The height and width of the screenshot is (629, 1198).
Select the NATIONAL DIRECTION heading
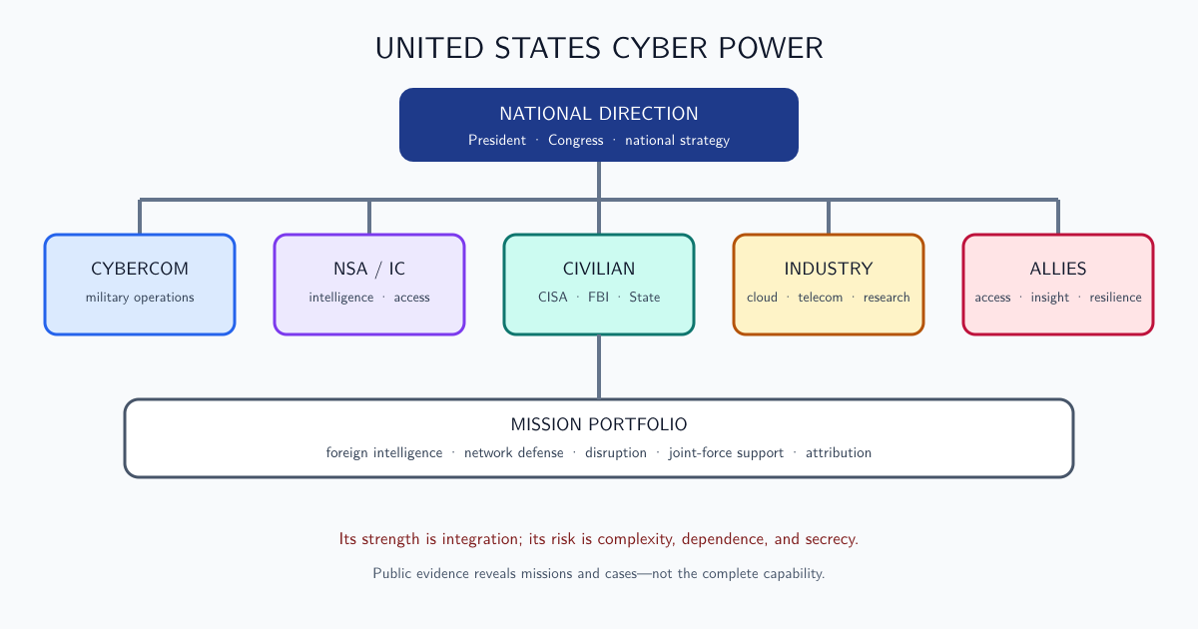pyautogui.click(x=599, y=114)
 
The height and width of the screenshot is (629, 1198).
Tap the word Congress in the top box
pyautogui.click(x=575, y=140)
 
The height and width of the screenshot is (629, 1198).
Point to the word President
pyautogui.click(x=497, y=140)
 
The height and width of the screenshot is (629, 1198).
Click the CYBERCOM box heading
pyautogui.click(x=140, y=269)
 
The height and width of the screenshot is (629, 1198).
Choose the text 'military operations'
pyautogui.click(x=140, y=298)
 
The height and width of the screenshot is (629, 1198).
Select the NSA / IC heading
pyautogui.click(x=369, y=269)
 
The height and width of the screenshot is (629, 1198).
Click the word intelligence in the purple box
pyautogui.click(x=341, y=298)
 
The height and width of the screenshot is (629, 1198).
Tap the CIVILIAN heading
pyautogui.click(x=599, y=269)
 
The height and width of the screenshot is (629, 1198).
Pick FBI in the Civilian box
pyautogui.click(x=598, y=297)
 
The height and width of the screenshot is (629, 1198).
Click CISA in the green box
pyautogui.click(x=552, y=297)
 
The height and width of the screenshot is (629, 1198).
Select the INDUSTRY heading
pyautogui.click(x=829, y=269)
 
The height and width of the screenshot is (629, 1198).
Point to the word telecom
pyautogui.click(x=820, y=298)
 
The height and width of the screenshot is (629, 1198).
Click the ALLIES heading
pyautogui.click(x=1058, y=269)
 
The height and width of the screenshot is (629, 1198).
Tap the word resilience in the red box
pyautogui.click(x=1116, y=298)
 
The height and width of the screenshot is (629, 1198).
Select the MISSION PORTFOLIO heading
pyautogui.click(x=599, y=424)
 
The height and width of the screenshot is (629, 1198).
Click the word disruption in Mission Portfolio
pyautogui.click(x=616, y=453)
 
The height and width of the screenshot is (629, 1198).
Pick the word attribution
pyautogui.click(x=838, y=453)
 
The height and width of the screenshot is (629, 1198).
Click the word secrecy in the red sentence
pyautogui.click(x=832, y=539)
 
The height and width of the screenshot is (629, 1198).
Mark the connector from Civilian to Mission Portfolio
pyautogui.click(x=599, y=367)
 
